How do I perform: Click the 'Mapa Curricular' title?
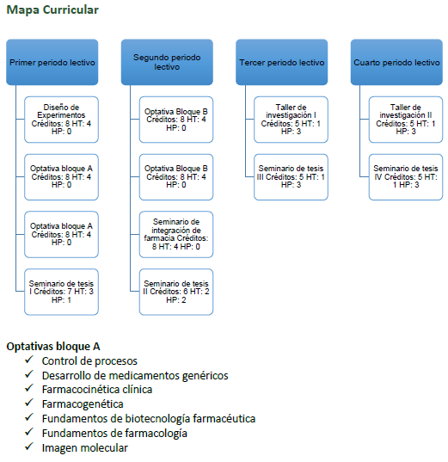[52, 9]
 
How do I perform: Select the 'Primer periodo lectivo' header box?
[52, 62]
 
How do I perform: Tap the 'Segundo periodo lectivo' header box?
[167, 62]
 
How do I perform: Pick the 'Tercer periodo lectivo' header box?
[281, 62]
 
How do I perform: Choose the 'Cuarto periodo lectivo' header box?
[396, 62]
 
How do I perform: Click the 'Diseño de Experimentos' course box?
[61, 120]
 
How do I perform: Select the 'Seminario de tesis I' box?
[61, 292]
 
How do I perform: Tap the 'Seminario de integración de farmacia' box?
[176, 234]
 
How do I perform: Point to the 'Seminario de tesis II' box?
[176, 292]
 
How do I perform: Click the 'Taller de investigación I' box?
[291, 120]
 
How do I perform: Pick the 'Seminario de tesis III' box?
[291, 176]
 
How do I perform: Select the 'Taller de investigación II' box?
[406, 120]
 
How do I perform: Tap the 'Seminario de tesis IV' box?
[406, 176]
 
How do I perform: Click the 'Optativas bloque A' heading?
[53, 346]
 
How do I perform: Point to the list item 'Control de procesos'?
[89, 361]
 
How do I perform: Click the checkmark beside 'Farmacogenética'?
[29, 403]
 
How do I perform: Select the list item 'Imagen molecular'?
[85, 448]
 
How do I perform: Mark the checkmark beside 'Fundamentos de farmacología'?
[29, 432]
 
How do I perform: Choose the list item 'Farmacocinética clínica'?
[97, 390]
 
